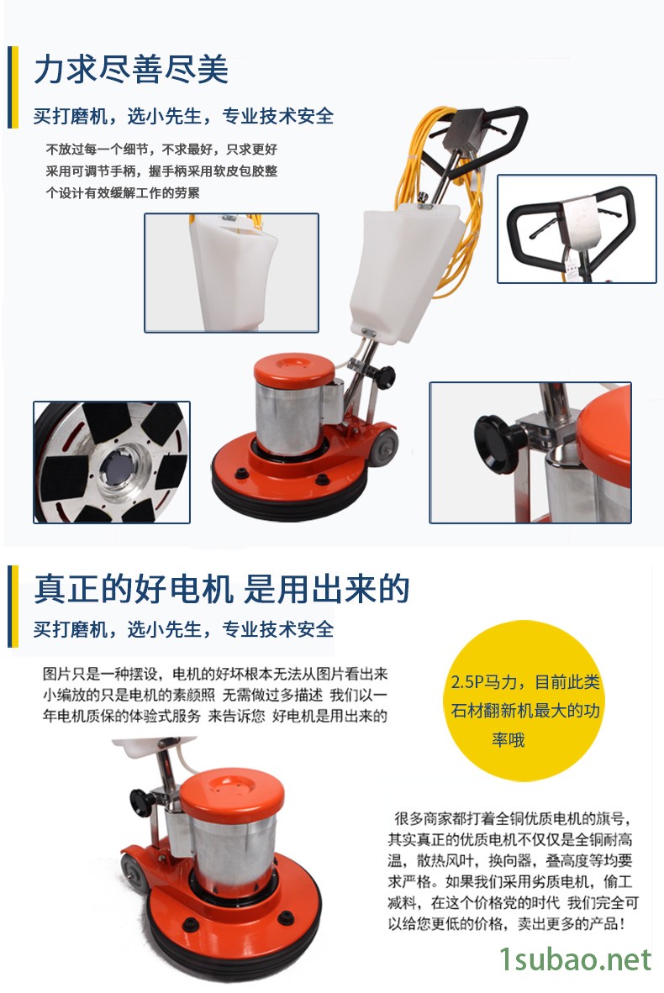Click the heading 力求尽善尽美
point(131,69)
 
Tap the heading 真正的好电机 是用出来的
point(222,589)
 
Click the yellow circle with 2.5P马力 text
point(524,709)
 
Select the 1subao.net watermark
point(575,960)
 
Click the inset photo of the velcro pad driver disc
point(112,462)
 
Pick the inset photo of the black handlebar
point(577,229)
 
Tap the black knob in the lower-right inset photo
point(497,444)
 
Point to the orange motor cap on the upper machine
point(294,371)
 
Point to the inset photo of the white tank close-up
point(231,272)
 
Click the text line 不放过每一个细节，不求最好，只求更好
point(161,150)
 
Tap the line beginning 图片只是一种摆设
point(215,674)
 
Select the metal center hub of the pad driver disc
point(119,467)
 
